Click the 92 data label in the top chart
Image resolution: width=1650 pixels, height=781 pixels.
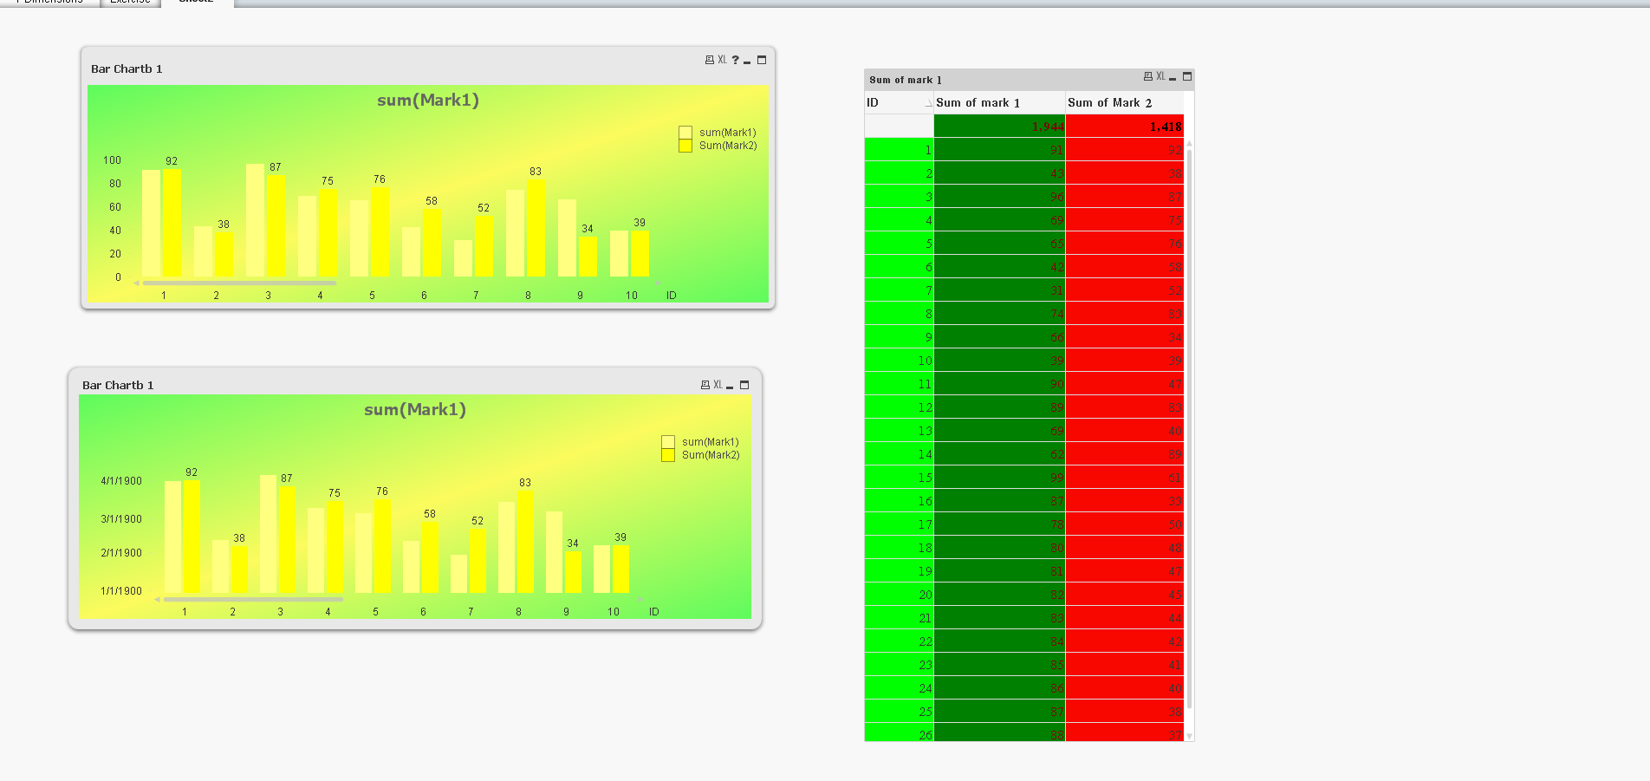pos(172,161)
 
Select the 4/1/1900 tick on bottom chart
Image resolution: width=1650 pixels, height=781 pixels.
pos(121,481)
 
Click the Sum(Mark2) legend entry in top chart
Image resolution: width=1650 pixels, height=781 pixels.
pos(727,146)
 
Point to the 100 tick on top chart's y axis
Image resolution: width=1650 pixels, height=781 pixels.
pos(113,160)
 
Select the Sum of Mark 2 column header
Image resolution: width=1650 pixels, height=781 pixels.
pos(1109,102)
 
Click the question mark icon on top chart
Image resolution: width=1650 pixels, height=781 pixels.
pos(736,60)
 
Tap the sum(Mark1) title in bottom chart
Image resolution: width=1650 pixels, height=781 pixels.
pos(415,409)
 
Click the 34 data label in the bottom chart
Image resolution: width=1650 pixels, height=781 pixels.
pos(573,543)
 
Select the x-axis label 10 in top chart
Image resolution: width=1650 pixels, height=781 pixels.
pos(632,296)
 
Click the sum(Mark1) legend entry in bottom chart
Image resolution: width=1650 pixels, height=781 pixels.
pos(710,442)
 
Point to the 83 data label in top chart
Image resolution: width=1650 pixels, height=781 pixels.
pos(536,172)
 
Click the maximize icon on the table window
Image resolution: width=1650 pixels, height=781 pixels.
pos(1187,76)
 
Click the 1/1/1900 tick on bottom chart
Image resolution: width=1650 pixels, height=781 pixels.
pos(121,591)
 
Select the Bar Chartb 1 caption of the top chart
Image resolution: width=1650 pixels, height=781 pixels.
pos(127,69)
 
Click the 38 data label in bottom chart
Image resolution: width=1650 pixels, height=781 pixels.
pos(239,538)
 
